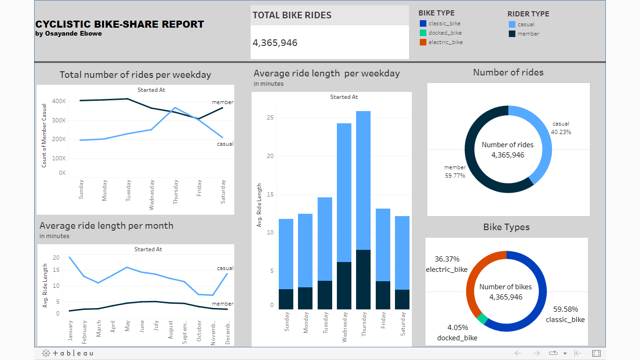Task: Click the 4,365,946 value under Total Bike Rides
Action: click(x=275, y=43)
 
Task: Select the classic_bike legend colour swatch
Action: click(x=423, y=23)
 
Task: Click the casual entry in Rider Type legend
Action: click(x=526, y=24)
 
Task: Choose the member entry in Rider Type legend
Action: click(x=528, y=34)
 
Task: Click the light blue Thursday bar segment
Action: click(x=363, y=180)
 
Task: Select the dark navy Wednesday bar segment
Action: click(x=344, y=285)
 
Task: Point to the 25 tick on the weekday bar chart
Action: click(x=270, y=118)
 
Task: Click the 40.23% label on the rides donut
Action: click(x=561, y=132)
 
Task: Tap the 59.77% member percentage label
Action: click(x=455, y=176)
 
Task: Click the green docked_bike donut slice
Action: click(x=482, y=319)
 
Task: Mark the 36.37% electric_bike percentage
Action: click(x=447, y=259)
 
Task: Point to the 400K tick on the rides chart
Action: click(x=59, y=101)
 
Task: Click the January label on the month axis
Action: click(x=71, y=331)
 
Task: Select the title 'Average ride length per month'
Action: click(x=106, y=225)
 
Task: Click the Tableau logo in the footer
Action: click(x=67, y=353)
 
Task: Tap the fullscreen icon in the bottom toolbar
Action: click(x=596, y=353)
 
